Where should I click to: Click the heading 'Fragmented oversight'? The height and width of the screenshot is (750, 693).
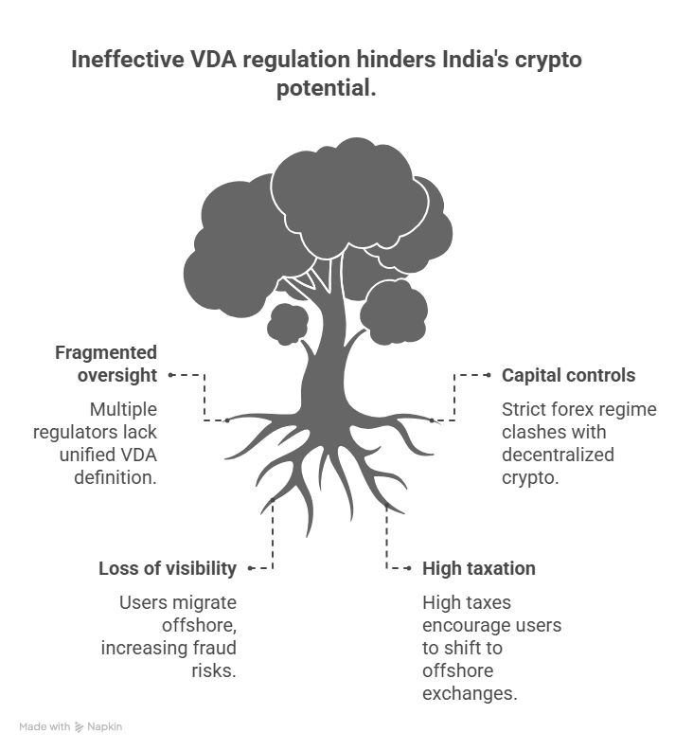pyautogui.click(x=106, y=364)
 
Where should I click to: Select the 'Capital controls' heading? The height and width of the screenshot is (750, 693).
pyautogui.click(x=568, y=375)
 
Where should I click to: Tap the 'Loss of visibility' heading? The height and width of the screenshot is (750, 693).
pyautogui.click(x=168, y=568)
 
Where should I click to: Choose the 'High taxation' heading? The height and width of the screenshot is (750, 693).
pyautogui.click(x=479, y=568)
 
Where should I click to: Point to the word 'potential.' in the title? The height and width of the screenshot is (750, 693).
pyautogui.click(x=327, y=91)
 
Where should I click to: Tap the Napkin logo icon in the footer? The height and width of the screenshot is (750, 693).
pyautogui.click(x=80, y=726)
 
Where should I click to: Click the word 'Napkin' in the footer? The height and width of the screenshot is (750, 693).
pyautogui.click(x=106, y=726)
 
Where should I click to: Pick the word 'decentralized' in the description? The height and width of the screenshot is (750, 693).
pyautogui.click(x=558, y=455)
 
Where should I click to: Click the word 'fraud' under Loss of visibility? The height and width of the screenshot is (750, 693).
pyautogui.click(x=213, y=648)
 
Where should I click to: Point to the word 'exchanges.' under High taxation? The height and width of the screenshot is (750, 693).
pyautogui.click(x=470, y=693)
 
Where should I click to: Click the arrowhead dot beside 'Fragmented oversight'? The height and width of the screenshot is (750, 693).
pyautogui.click(x=170, y=375)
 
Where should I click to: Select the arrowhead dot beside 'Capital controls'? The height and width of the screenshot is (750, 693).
pyautogui.click(x=489, y=375)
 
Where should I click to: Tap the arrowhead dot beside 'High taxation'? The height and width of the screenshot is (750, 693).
pyautogui.click(x=409, y=568)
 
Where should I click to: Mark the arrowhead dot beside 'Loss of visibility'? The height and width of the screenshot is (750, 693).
pyautogui.click(x=249, y=568)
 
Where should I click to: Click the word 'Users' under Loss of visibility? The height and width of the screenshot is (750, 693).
pyautogui.click(x=141, y=602)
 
